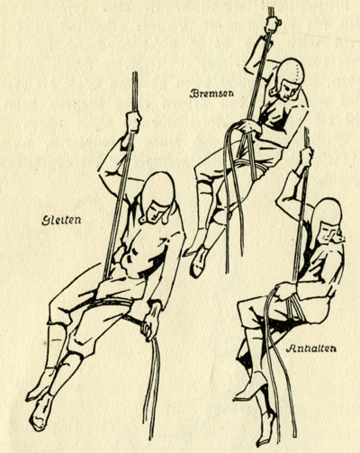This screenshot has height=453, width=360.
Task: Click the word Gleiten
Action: pos(61,221)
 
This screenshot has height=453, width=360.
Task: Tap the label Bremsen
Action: pos(211,94)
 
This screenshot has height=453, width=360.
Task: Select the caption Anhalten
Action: pos(310,349)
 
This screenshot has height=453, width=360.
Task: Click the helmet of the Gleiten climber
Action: pos(159,186)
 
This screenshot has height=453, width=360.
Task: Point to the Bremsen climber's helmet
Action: pos(289,73)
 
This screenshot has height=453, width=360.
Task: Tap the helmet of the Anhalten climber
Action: pos(328,213)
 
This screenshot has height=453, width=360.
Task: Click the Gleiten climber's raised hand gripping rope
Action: pos(133,122)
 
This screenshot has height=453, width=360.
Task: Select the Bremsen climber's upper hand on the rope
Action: pos(272,24)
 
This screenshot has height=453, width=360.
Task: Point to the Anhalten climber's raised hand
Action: pos(306,157)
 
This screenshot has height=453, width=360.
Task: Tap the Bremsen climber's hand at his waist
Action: pos(249,127)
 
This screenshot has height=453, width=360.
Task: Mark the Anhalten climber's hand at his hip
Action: pos(285,291)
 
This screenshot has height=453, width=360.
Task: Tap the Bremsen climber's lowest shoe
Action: pos(199,261)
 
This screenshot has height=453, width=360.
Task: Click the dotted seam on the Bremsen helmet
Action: pos(298,72)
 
